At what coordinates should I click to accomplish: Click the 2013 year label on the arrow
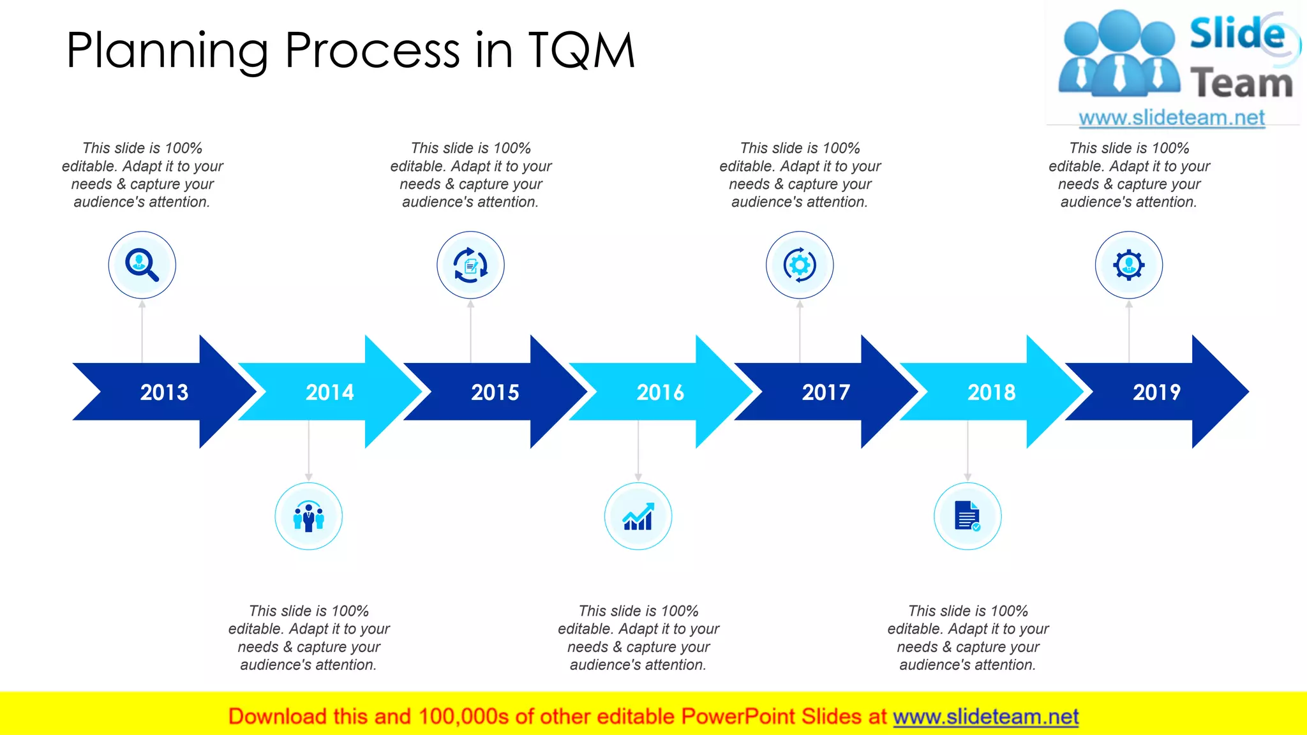click(x=164, y=392)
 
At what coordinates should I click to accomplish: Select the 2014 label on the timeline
click(x=329, y=392)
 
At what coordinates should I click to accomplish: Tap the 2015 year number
click(x=495, y=392)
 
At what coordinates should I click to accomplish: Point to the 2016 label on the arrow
click(x=660, y=392)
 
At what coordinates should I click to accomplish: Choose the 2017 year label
click(x=826, y=392)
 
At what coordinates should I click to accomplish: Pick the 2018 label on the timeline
click(x=991, y=392)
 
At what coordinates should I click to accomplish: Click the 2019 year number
click(x=1156, y=392)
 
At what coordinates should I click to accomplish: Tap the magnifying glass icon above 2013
click(x=142, y=265)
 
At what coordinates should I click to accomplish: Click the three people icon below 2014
click(x=308, y=516)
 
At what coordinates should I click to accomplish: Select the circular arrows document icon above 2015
click(x=470, y=265)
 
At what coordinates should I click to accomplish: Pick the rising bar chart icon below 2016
click(x=638, y=516)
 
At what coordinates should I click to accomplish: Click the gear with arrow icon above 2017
click(x=800, y=265)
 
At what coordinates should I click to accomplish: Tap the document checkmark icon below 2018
click(x=967, y=516)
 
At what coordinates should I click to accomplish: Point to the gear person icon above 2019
click(x=1129, y=265)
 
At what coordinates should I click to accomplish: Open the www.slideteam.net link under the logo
click(x=1172, y=117)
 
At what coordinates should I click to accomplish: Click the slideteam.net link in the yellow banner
click(x=985, y=716)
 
